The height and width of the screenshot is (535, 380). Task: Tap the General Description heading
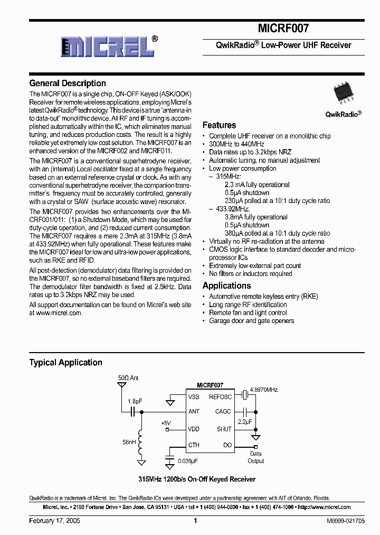(68, 83)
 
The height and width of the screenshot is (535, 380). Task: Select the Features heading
(219, 125)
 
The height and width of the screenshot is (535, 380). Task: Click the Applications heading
(226, 285)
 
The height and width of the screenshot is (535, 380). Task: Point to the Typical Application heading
(65, 363)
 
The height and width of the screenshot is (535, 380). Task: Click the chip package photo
(343, 95)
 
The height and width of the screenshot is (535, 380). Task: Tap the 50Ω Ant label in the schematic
(128, 379)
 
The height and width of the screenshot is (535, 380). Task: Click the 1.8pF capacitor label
(135, 401)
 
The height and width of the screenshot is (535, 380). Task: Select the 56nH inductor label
(129, 442)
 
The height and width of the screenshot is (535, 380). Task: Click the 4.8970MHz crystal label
(264, 389)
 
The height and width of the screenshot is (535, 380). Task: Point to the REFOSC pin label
(220, 396)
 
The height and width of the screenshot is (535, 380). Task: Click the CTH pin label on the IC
(194, 445)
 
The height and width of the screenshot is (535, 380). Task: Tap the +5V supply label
(166, 423)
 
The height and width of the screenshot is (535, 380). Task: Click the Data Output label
(256, 457)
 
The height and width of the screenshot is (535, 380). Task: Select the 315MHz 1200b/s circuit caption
(196, 479)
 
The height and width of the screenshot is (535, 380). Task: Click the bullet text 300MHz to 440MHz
(236, 144)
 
